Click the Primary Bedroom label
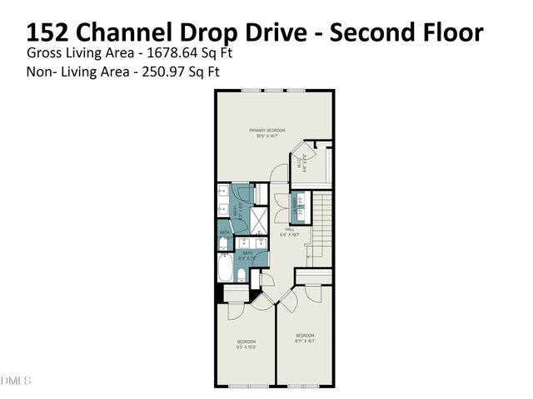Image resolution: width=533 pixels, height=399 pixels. (x=267, y=131)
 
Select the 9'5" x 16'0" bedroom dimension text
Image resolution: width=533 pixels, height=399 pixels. (x=246, y=348)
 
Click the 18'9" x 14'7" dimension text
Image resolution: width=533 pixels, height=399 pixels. (x=267, y=136)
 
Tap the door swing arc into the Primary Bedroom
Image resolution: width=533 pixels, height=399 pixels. (x=276, y=175)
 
